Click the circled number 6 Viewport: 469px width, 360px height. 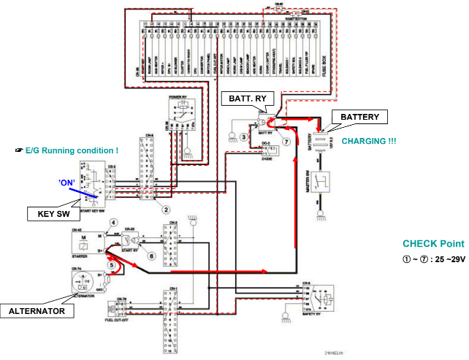pos(151,256)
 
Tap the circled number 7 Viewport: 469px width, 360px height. pos(286,141)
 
